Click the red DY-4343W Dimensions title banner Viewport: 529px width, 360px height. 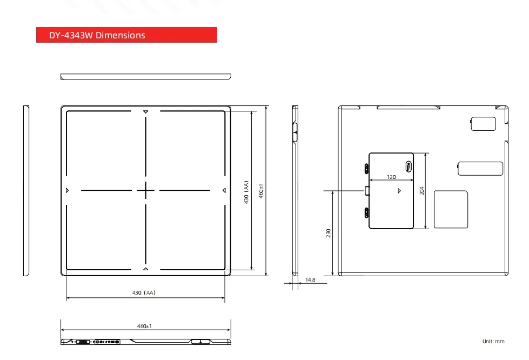(126, 35)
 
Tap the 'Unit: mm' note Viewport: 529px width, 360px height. (493, 341)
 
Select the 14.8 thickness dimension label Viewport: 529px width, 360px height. (310, 279)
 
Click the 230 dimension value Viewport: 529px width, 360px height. (328, 233)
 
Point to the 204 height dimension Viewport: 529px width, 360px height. (421, 191)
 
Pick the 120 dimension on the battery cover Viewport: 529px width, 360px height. (391, 177)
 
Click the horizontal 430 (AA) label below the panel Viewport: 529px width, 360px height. (144, 292)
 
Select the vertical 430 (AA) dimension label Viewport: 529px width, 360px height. (246, 192)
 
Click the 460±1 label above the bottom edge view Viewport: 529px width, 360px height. (145, 326)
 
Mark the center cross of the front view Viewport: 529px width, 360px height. (145, 190)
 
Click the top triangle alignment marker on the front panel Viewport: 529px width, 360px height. (145, 112)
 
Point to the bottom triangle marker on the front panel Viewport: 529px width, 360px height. (145, 269)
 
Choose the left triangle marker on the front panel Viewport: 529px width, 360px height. (67, 190)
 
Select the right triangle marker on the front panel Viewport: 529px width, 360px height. (224, 190)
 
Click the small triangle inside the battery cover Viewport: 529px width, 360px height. (399, 191)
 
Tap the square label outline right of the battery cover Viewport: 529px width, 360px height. (451, 209)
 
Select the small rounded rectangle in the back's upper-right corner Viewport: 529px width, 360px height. (483, 124)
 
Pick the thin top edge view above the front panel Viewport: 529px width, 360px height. (146, 76)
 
